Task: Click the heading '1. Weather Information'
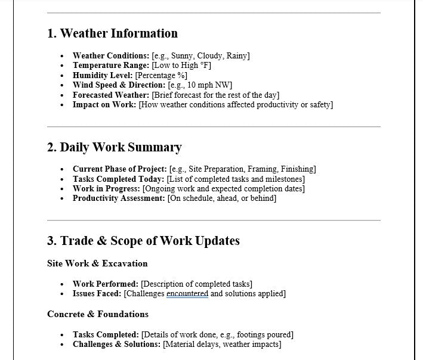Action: pos(112,33)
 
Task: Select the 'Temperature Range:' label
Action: pos(111,66)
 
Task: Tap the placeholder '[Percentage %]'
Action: pos(161,76)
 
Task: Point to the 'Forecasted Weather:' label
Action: pos(111,95)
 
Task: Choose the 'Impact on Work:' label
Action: pos(104,105)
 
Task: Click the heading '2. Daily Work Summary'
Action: pos(114,147)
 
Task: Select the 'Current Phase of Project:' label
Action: pos(120,169)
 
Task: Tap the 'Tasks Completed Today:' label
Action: pos(118,179)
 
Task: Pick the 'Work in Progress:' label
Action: pos(106,188)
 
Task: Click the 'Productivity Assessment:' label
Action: pos(119,198)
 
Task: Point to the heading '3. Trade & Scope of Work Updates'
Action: pos(143,241)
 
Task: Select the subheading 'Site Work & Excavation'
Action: pos(97,263)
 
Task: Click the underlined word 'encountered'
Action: pos(187,294)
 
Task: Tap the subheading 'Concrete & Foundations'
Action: pos(98,314)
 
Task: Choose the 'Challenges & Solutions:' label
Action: pos(116,345)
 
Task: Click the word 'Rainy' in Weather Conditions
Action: pos(237,56)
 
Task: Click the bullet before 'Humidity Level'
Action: pos(63,76)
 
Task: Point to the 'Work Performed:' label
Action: pos(106,284)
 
